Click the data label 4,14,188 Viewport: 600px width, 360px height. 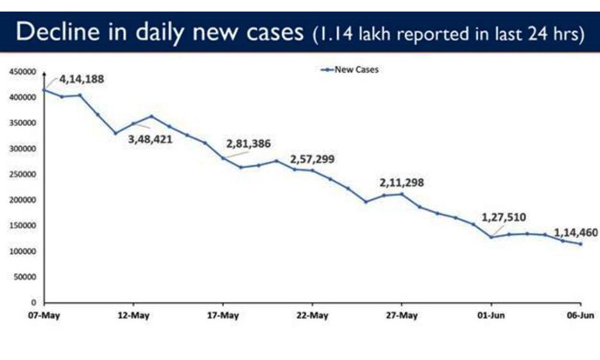(x=81, y=80)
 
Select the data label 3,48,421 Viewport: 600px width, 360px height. (x=151, y=139)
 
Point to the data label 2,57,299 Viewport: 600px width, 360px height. (x=313, y=159)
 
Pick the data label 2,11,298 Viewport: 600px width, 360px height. (x=402, y=183)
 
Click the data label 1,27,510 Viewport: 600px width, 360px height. (x=504, y=217)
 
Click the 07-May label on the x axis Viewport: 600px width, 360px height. (x=44, y=316)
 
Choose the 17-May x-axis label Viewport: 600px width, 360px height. (x=223, y=316)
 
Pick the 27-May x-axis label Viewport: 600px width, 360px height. (x=402, y=316)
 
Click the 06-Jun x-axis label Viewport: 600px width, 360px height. (x=581, y=316)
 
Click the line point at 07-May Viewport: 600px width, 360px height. (x=44, y=90)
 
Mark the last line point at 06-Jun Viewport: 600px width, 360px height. (x=581, y=244)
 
